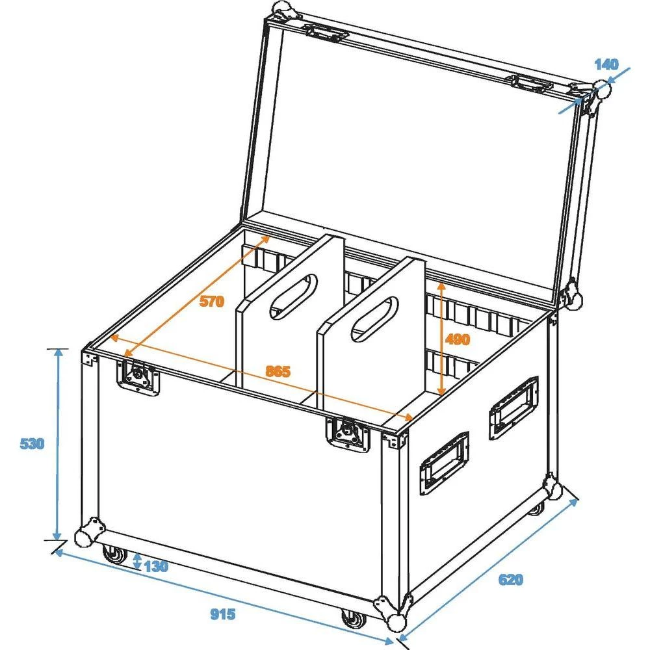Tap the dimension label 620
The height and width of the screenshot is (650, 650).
(x=511, y=579)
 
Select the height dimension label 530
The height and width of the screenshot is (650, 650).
(x=31, y=445)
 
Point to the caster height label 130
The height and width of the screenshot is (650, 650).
(x=156, y=565)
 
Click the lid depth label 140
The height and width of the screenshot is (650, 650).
(x=606, y=64)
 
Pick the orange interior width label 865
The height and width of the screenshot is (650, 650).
(x=278, y=371)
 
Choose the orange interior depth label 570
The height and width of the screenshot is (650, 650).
(x=211, y=301)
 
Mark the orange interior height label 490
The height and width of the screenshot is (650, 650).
(x=458, y=339)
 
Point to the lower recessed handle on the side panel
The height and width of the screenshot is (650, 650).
(x=445, y=462)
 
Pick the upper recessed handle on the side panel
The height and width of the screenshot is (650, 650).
(x=513, y=408)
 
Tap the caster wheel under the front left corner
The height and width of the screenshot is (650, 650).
(x=115, y=554)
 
